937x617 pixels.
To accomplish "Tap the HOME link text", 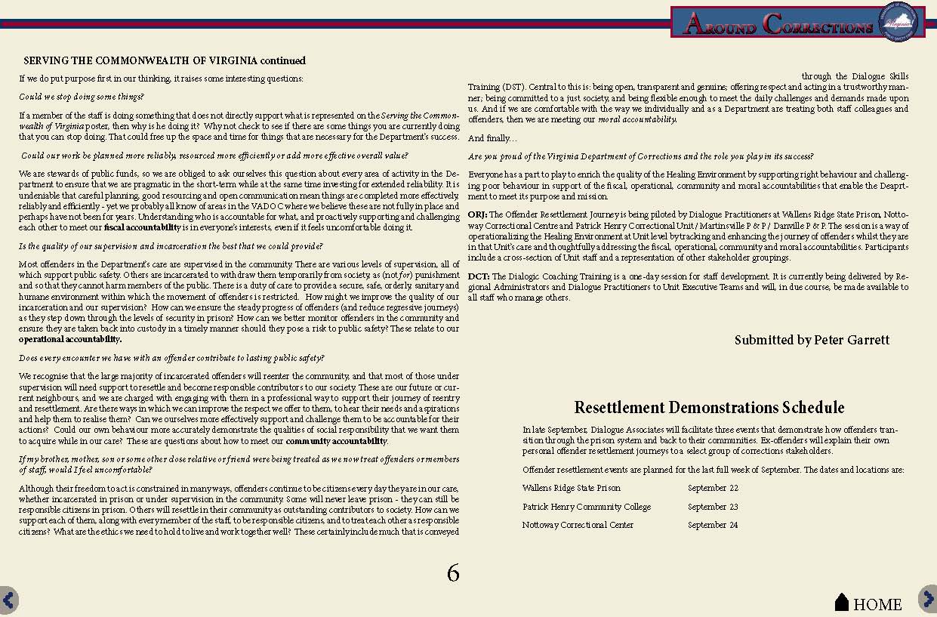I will pos(877,604).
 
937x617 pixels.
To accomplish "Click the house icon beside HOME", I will pos(842,602).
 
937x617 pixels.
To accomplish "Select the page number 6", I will pos(453,573).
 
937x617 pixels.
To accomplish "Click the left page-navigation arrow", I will pos(8,600).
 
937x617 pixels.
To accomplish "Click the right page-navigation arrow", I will pos(928,598).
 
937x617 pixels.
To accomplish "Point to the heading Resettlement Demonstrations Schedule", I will pos(709,408).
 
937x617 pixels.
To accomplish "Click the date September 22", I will pos(712,489).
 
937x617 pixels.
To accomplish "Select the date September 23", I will pos(712,507).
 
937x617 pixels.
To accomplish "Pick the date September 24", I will pos(712,525).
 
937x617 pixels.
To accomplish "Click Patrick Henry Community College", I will pos(586,507).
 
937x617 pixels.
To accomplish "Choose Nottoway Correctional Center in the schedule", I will pos(578,525).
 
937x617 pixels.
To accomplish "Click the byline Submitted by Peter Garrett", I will pos(812,340).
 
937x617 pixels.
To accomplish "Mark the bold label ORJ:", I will pos(477,215).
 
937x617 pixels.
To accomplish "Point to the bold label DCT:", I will pos(478,276).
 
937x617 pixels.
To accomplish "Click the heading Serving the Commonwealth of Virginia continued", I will pos(165,60).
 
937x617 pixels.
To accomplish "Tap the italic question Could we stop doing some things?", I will pos(81,97).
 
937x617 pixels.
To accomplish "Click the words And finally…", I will pos(492,138).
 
